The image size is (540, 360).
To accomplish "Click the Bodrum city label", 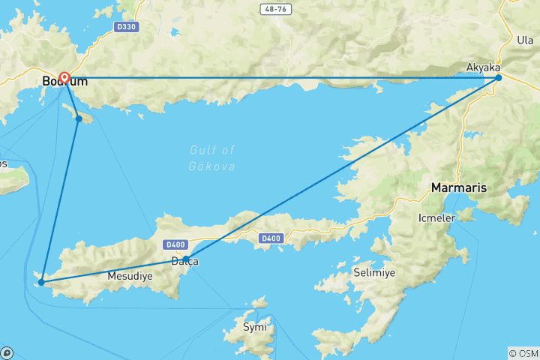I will pyautogui.click(x=64, y=80).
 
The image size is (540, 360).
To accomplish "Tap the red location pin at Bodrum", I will pyautogui.click(x=64, y=78).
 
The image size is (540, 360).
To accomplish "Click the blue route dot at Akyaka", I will pyautogui.click(x=499, y=77).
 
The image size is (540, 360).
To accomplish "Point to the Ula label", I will pyautogui.click(x=525, y=39).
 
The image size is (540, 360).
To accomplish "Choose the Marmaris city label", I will pyautogui.click(x=459, y=187).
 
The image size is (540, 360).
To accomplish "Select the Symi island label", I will pyautogui.click(x=254, y=327).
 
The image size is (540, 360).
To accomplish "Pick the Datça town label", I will pyautogui.click(x=184, y=261).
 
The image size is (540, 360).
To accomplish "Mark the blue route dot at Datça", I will pyautogui.click(x=186, y=259).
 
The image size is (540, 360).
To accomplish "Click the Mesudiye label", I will pyautogui.click(x=131, y=276).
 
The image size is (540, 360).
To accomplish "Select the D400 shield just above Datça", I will pyautogui.click(x=176, y=244).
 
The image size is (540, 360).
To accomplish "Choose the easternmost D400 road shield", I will pyautogui.click(x=270, y=239).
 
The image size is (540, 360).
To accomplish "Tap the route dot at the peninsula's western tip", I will pyautogui.click(x=41, y=282).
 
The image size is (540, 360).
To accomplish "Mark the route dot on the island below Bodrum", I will pyautogui.click(x=79, y=118).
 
